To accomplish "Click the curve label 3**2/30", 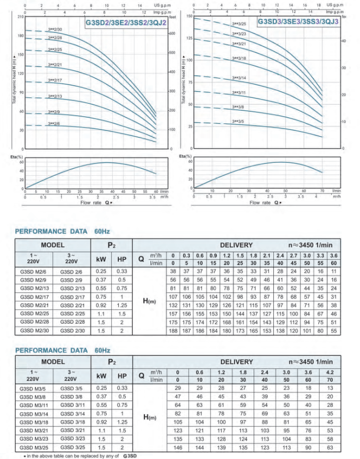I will pyautogui.click(x=55, y=29).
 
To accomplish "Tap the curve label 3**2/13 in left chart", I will pyautogui.click(x=55, y=96).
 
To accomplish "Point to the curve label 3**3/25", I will pyautogui.click(x=239, y=24).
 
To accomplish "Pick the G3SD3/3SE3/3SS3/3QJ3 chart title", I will pyautogui.click(x=298, y=22).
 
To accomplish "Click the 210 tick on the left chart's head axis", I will pyautogui.click(x=21, y=17).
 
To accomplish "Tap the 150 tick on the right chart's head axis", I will pyautogui.click(x=189, y=17).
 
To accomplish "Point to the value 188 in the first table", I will pyautogui.click(x=173, y=330).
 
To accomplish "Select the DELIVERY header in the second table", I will pyautogui.click(x=233, y=362).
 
